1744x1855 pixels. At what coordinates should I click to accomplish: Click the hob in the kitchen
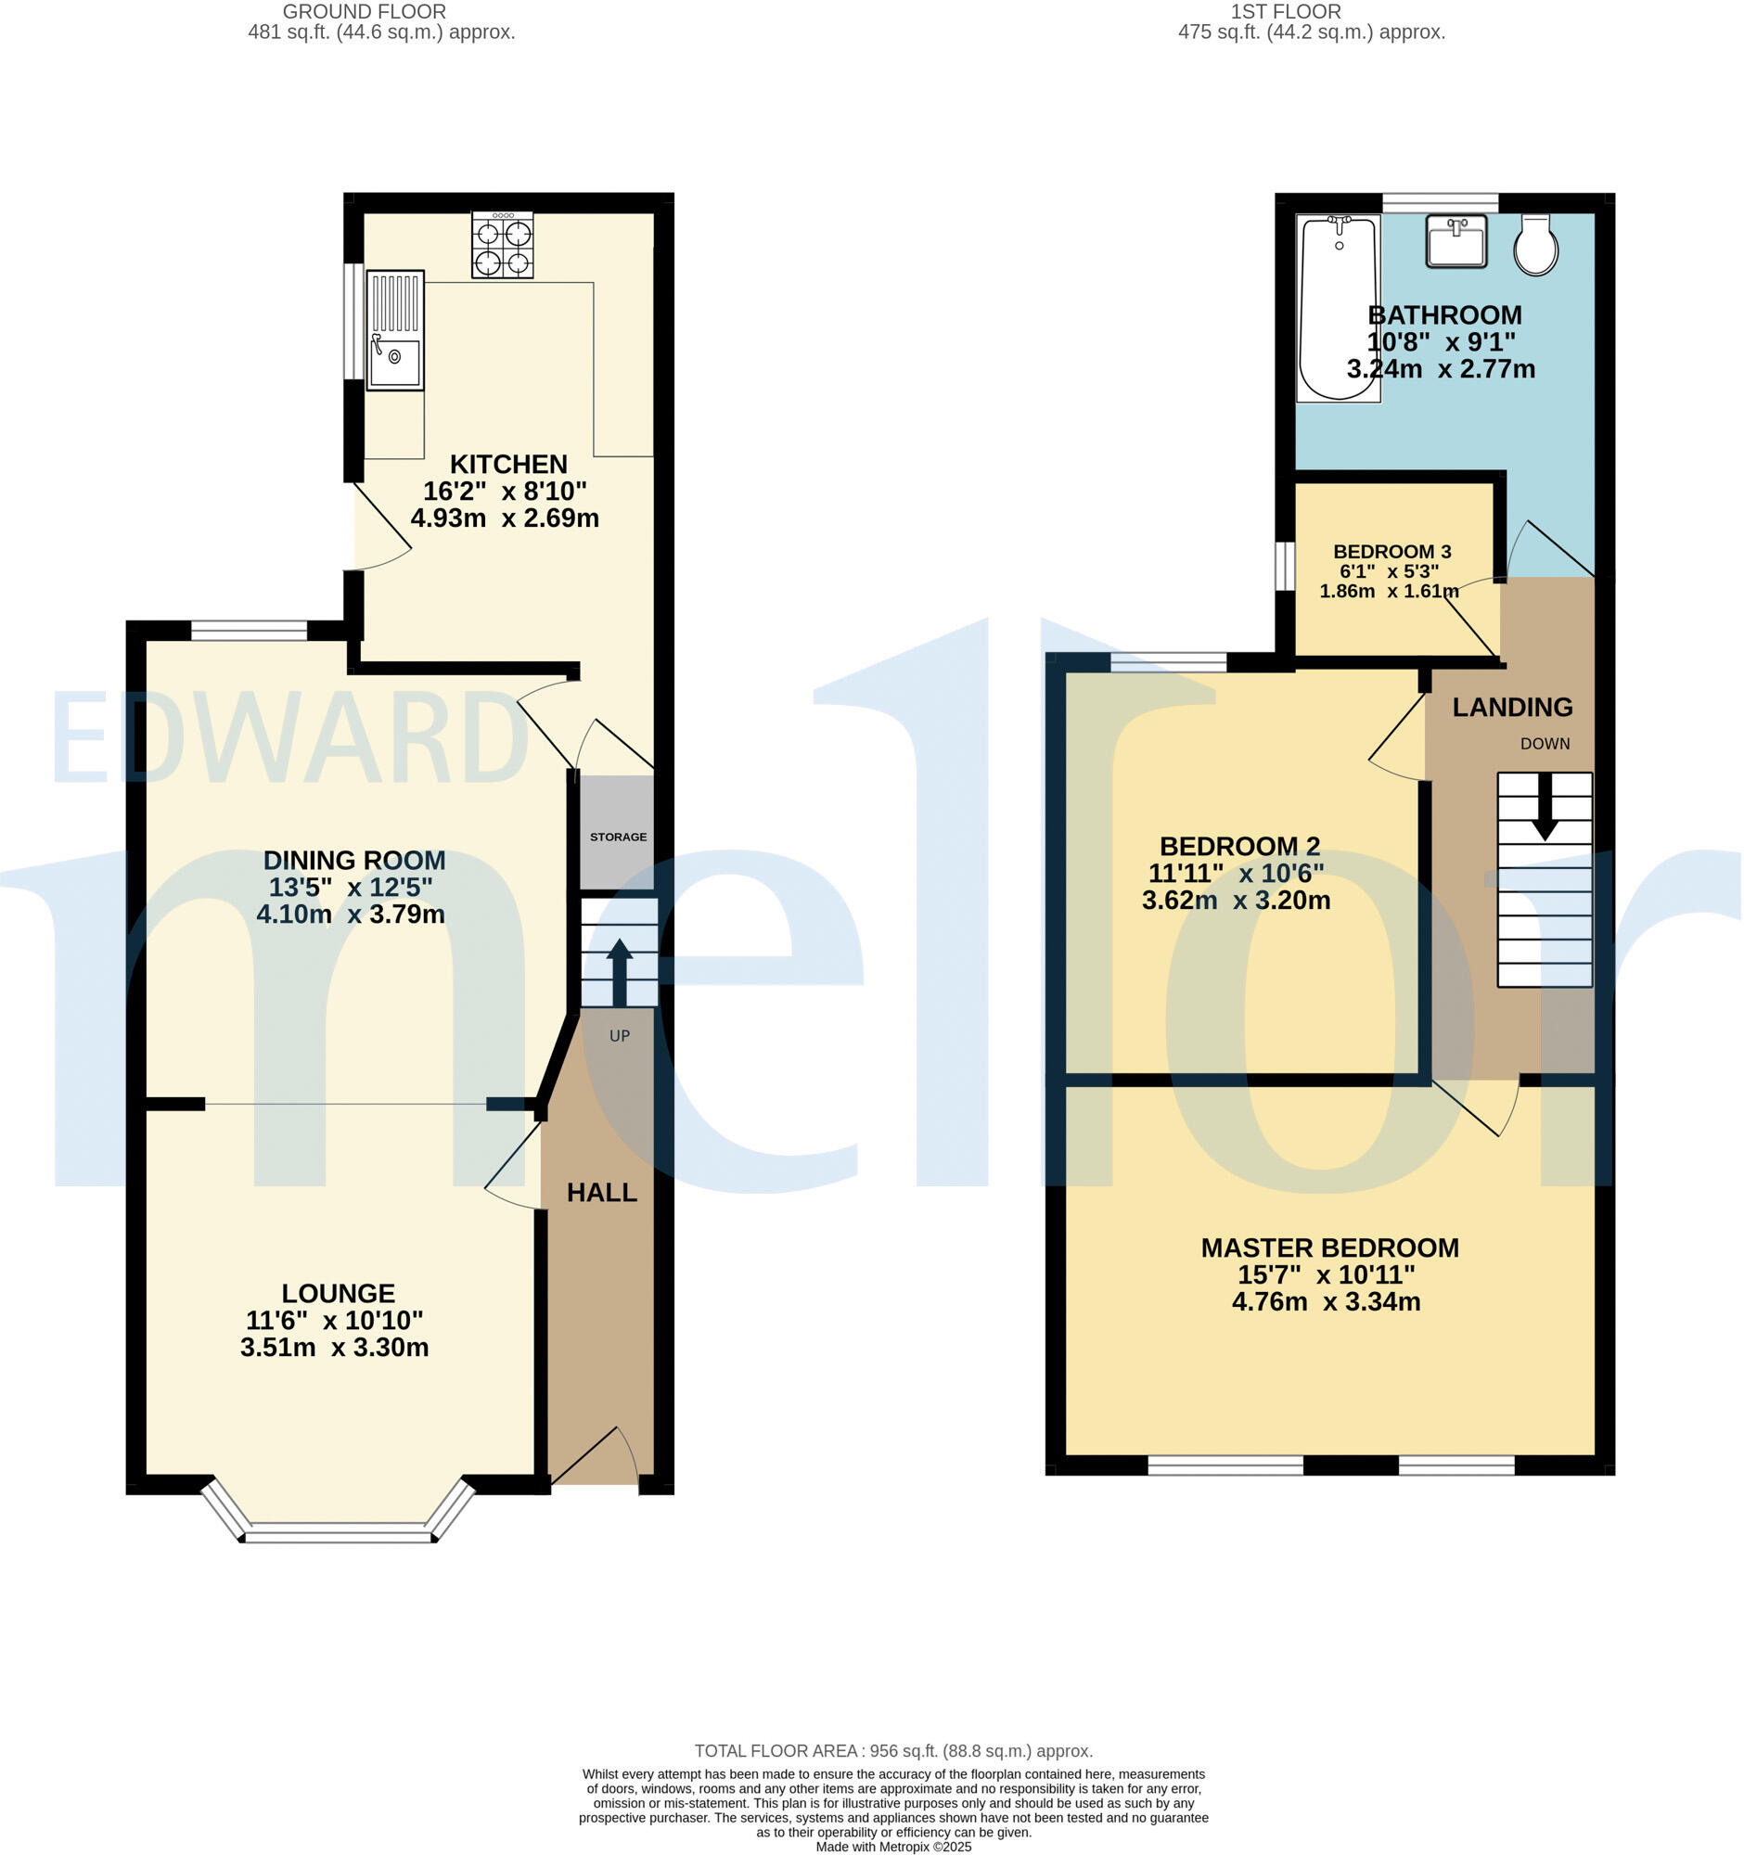tap(502, 245)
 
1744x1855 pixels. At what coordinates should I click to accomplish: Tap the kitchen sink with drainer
tap(394, 330)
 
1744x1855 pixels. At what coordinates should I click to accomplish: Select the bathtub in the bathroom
tap(1338, 309)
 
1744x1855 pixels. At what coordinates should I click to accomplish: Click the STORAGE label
tap(618, 837)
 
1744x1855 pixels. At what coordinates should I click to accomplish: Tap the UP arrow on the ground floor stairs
tap(618, 970)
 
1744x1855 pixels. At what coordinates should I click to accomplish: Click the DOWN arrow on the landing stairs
tap(1545, 805)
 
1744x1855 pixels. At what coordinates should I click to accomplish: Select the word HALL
tap(602, 1192)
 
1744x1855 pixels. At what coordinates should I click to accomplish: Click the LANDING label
tap(1512, 708)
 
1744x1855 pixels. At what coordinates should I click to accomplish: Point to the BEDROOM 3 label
tap(1391, 552)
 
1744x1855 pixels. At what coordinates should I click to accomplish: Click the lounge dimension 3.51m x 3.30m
tap(334, 1348)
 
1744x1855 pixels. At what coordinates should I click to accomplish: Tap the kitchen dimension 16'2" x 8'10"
tap(504, 491)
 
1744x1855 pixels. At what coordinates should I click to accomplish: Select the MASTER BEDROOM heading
tap(1328, 1247)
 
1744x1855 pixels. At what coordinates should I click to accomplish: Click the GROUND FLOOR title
tap(364, 11)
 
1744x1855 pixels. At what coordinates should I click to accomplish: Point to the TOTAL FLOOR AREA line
tap(893, 1751)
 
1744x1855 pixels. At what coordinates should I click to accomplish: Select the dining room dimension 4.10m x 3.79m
tap(350, 914)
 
